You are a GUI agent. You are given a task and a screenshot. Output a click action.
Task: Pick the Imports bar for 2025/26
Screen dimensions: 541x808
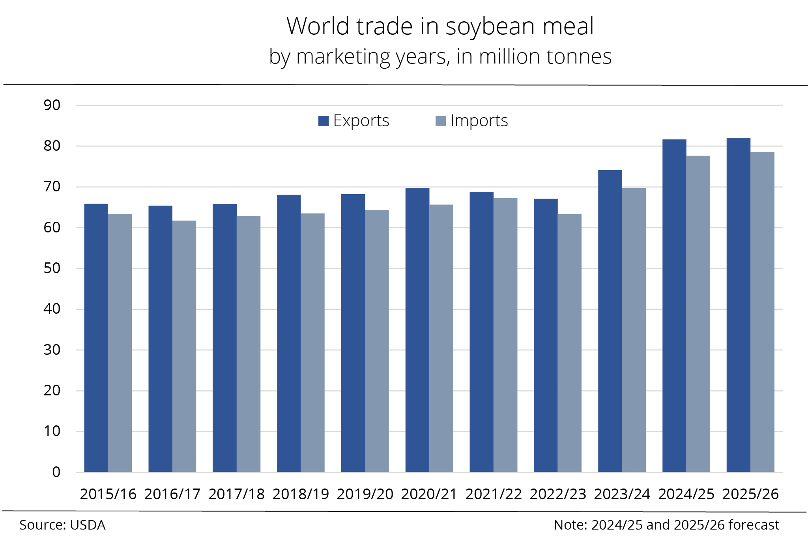pyautogui.click(x=762, y=312)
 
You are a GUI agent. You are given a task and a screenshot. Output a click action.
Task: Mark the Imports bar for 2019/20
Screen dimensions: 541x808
pyautogui.click(x=377, y=341)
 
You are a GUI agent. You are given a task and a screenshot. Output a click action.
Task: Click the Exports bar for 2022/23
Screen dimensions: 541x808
pyautogui.click(x=546, y=335)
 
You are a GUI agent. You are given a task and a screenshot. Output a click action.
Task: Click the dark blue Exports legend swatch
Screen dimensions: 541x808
pyautogui.click(x=324, y=121)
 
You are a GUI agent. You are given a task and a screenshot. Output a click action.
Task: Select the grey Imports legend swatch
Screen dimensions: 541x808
pyautogui.click(x=441, y=121)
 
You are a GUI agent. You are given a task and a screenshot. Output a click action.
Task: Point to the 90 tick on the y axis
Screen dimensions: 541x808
pyautogui.click(x=52, y=105)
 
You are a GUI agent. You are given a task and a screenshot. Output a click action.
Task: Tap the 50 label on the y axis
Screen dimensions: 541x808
pyautogui.click(x=52, y=268)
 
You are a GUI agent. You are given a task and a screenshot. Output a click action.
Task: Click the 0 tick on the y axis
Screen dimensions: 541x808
pyautogui.click(x=56, y=472)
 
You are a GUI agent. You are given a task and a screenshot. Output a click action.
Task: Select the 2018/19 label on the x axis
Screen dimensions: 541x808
pyautogui.click(x=301, y=494)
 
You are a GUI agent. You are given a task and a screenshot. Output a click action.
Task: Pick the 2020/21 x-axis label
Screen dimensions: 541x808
pyautogui.click(x=429, y=494)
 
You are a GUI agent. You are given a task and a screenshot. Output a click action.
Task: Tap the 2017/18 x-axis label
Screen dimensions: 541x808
pyautogui.click(x=236, y=494)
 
